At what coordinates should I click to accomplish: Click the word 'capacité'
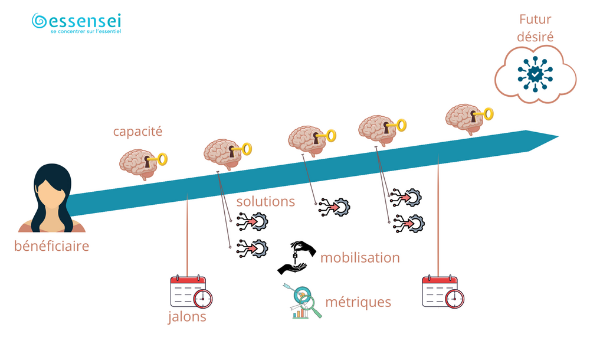[x=137, y=131]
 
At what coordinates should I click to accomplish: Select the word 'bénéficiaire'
[x=51, y=246]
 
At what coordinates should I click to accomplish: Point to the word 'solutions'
[x=265, y=201]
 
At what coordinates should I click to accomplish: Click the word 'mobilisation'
[x=360, y=258]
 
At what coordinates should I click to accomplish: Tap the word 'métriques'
[x=358, y=302]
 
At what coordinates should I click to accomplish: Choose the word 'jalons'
[x=186, y=316]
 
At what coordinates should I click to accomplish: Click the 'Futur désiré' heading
[x=535, y=28]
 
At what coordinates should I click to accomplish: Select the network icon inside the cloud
[x=535, y=73]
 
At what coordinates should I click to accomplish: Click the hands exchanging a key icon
[x=297, y=257]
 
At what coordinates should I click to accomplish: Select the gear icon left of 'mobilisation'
[x=252, y=247]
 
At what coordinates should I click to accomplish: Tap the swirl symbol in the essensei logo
[x=40, y=21]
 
